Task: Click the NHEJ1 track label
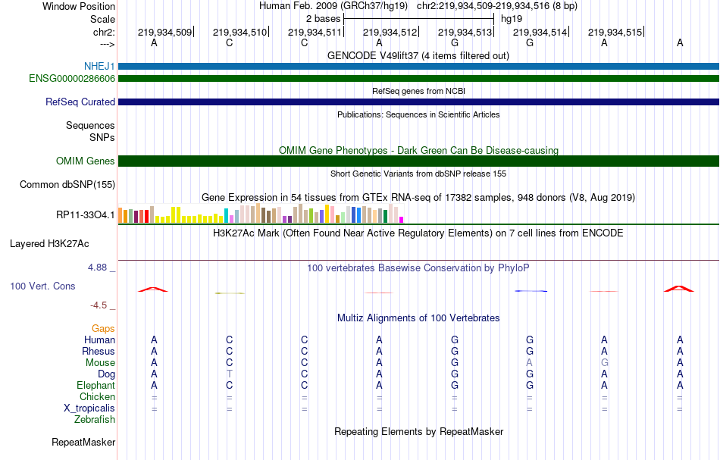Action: point(99,67)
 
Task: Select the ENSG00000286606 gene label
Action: point(72,78)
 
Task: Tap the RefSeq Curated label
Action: point(80,102)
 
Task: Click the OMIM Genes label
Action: point(86,161)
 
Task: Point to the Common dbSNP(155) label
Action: point(67,184)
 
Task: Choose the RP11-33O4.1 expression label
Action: point(86,214)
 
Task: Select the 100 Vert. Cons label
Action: point(43,286)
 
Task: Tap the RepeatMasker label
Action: point(83,442)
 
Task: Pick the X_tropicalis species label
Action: point(89,408)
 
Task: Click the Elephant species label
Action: point(95,385)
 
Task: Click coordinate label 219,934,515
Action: point(615,32)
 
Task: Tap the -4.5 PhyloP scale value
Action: point(99,305)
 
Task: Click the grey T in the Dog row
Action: point(230,374)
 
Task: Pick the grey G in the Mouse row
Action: point(604,362)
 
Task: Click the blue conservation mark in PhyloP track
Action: point(531,291)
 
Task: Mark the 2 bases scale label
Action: point(323,18)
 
